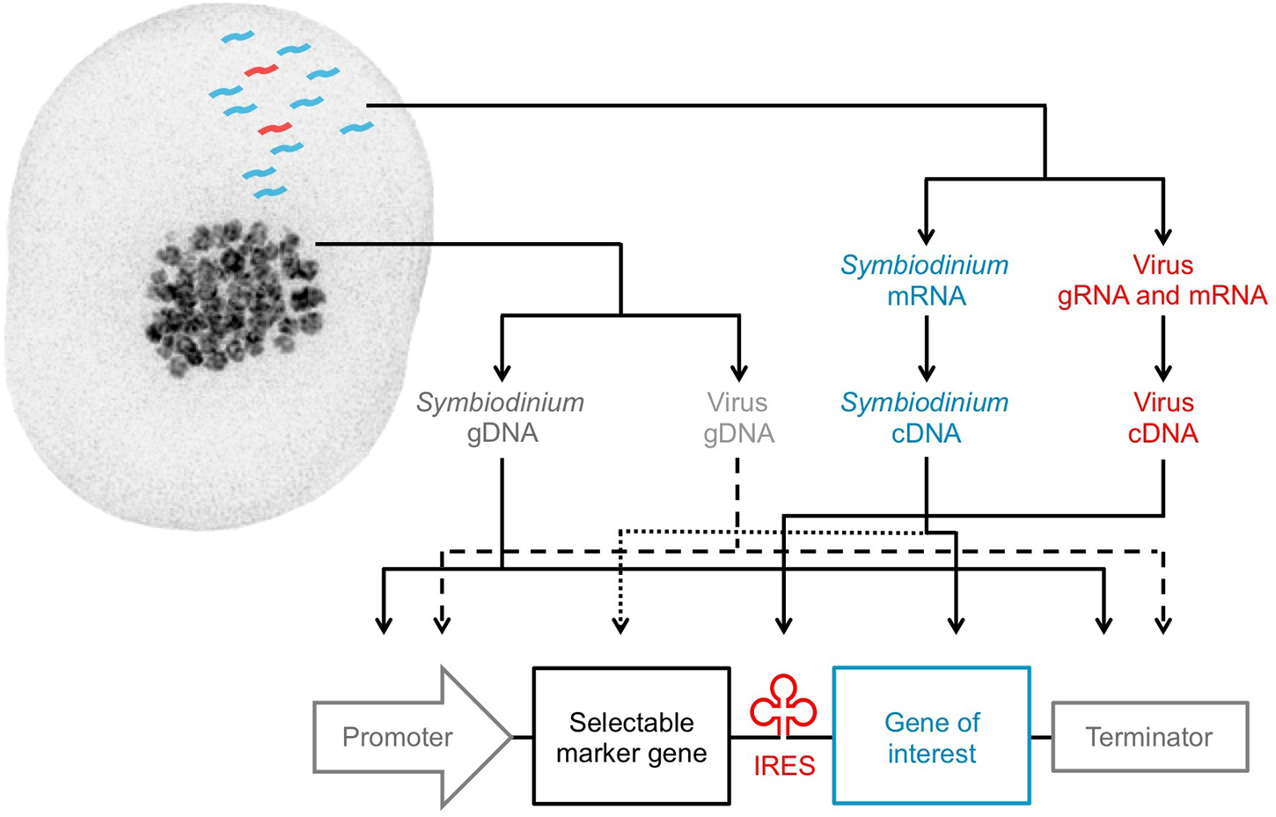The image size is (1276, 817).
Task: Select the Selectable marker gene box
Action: pos(631,737)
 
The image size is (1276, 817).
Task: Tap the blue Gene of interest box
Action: pos(931,737)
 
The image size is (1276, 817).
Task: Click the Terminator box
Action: pos(1149,737)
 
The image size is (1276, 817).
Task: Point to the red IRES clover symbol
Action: pos(782,705)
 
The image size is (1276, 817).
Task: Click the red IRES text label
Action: pos(783,766)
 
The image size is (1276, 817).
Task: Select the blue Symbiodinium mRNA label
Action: pos(925,281)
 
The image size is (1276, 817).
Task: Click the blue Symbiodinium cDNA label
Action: pos(925,418)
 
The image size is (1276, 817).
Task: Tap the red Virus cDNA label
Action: pos(1162,418)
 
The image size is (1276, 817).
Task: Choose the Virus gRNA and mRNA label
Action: pos(1162,281)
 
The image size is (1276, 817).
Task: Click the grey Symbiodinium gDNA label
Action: pos(501,418)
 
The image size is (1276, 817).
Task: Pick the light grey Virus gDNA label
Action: pos(739,418)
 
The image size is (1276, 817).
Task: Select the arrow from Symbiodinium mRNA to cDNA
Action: pos(926,347)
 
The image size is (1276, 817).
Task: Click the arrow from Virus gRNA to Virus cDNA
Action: pos(1162,347)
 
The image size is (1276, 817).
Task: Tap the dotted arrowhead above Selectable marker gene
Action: pos(620,624)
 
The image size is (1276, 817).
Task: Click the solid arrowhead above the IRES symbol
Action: pos(782,624)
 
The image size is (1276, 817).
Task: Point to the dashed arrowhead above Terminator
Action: pos(1162,624)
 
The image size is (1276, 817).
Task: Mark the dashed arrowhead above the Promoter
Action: pos(442,624)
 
